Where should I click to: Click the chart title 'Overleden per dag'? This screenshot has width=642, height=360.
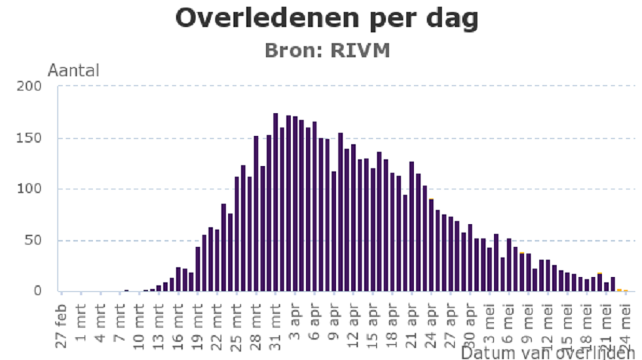click(327, 18)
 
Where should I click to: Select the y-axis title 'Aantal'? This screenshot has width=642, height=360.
click(73, 71)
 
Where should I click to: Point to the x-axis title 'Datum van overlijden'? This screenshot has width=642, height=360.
click(548, 352)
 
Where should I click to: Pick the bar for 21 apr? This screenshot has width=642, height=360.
click(412, 226)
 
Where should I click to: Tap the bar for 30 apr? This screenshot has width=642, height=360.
click(470, 257)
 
